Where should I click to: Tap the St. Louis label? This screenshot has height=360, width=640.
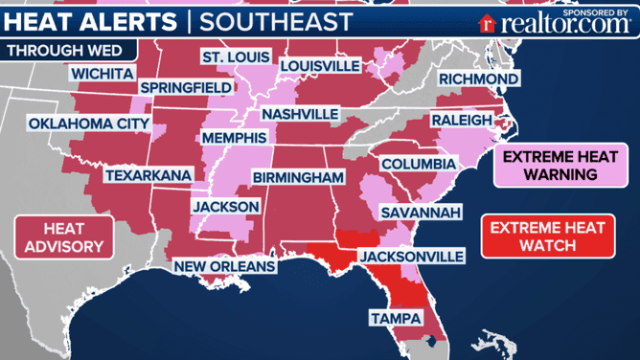coord(235,58)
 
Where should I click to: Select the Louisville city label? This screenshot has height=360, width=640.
coord(320,65)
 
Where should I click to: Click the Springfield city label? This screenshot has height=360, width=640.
coord(187,87)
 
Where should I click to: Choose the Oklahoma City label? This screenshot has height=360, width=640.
coord(88,124)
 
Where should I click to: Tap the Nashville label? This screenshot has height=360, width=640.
coord(300,114)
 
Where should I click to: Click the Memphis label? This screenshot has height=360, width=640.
coord(234,139)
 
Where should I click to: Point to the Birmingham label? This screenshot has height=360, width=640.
coord(298,178)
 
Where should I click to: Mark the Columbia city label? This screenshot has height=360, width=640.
coord(418,165)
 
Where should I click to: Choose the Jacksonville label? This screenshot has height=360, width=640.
coord(411,256)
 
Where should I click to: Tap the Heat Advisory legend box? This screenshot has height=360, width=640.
coord(64,238)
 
